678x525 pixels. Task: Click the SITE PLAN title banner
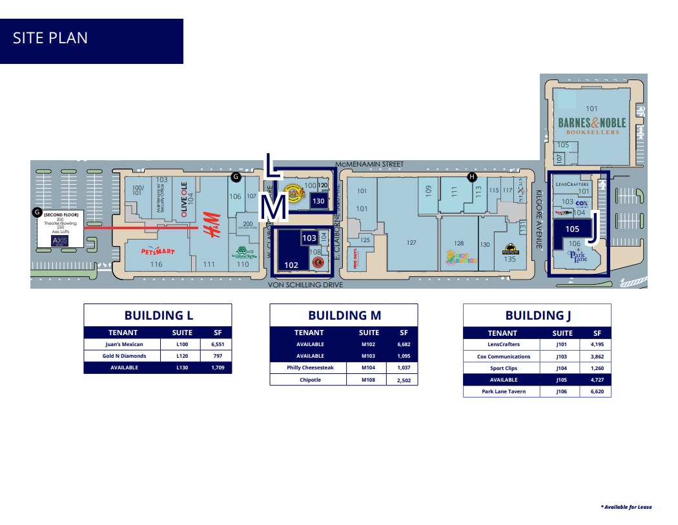[91, 41]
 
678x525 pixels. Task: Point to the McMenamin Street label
[370, 165]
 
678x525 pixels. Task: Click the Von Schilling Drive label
[306, 284]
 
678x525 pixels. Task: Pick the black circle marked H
[472, 176]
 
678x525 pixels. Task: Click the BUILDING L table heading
[158, 316]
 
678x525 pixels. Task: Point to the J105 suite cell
[562, 380]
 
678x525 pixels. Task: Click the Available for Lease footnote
[626, 507]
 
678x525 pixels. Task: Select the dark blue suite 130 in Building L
[318, 201]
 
